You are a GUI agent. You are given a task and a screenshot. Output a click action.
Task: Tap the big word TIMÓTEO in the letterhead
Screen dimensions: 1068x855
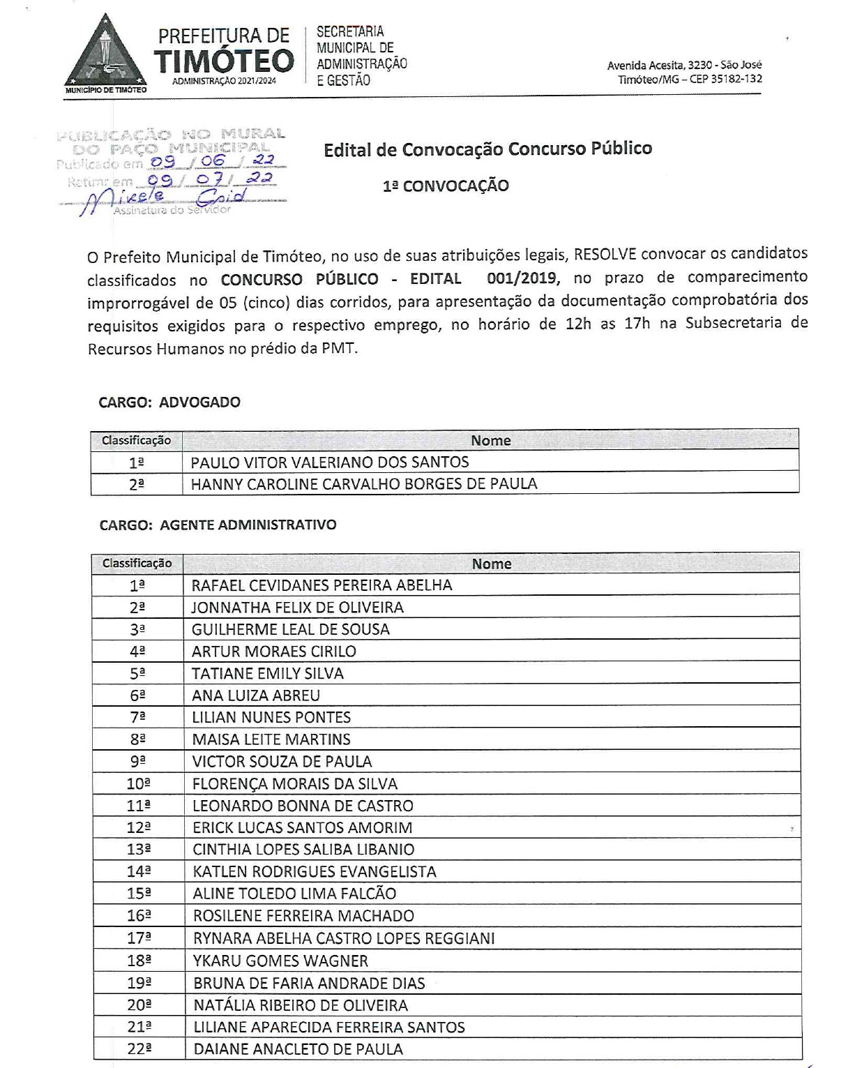[224, 62]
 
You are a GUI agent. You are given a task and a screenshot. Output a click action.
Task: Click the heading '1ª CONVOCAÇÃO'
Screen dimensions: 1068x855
[446, 186]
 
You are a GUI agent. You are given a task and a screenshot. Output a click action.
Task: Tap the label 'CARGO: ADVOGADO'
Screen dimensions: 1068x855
[169, 403]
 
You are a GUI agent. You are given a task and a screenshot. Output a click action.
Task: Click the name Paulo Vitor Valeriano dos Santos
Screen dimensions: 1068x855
[330, 462]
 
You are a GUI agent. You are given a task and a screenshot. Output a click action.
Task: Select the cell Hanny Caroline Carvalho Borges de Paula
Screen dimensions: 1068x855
[364, 484]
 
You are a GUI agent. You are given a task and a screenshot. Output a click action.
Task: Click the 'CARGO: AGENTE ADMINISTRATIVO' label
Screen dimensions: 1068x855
[218, 525]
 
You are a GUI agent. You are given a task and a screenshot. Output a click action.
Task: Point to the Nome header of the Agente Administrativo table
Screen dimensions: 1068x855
[492, 564]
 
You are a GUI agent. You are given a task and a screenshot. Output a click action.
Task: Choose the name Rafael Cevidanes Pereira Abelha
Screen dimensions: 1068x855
[322, 585]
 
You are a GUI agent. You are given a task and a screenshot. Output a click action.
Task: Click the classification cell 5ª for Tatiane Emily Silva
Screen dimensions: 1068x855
[137, 674]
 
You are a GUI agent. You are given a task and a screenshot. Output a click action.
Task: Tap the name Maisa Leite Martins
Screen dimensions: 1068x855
[271, 739]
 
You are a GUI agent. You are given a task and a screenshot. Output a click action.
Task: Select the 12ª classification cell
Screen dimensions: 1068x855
[138, 828]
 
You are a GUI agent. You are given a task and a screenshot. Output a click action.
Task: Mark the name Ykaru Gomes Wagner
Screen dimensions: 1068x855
[280, 961]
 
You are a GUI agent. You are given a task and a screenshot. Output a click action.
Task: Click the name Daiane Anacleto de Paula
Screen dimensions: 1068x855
[298, 1049]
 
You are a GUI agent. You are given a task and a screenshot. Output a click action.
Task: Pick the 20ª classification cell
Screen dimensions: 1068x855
[139, 1005]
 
